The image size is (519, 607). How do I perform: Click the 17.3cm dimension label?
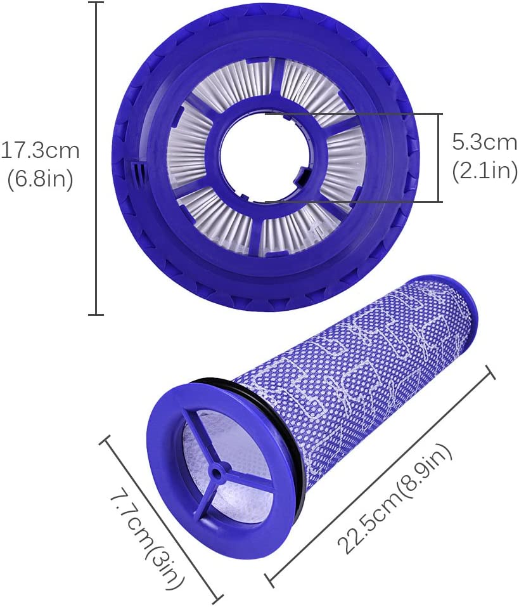click(41, 151)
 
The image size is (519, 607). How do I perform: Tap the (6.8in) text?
click(41, 179)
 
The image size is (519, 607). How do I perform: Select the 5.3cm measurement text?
click(484, 142)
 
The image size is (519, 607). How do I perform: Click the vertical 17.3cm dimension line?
click(96, 159)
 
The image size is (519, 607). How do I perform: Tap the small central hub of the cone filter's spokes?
click(217, 470)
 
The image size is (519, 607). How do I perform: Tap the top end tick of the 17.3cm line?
click(96, 3)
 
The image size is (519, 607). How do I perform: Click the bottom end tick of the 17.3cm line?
click(96, 313)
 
